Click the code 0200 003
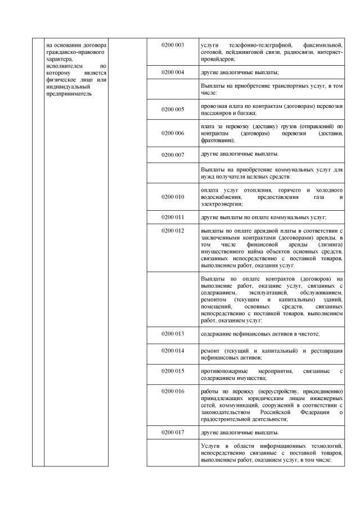pos(173,44)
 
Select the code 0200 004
pos(173,73)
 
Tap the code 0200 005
pos(173,109)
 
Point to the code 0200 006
pos(173,133)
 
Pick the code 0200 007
pos(173,153)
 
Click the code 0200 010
pos(173,197)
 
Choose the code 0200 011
pos(173,217)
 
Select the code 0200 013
pos(173,334)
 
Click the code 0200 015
pos(173,371)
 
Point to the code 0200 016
pos(173,391)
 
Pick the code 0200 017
pos(173,433)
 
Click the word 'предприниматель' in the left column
pos(69,94)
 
